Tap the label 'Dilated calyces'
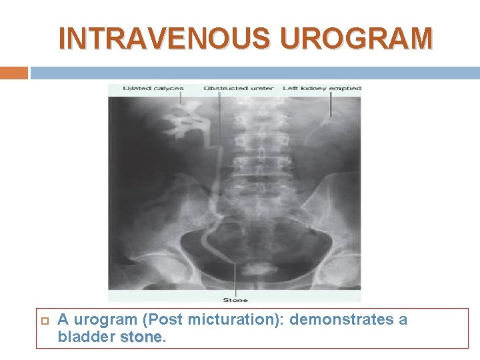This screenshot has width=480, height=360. (146, 88)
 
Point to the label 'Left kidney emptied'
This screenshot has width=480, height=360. (322, 88)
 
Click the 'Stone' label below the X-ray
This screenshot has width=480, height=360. (235, 300)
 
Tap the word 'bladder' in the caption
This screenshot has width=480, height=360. (86, 337)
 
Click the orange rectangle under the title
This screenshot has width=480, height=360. (14, 73)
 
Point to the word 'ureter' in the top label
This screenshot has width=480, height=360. (253, 88)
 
